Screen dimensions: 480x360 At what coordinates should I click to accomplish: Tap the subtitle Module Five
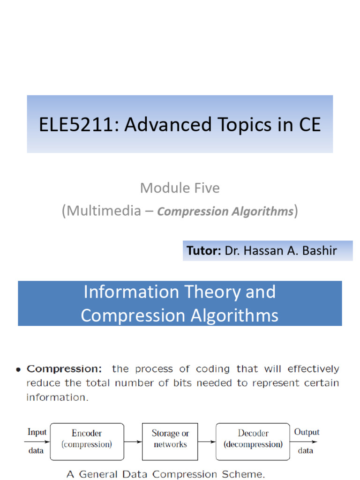(180, 188)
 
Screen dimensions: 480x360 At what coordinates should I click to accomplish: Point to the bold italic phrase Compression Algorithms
(225, 211)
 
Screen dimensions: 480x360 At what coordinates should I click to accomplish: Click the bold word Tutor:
(204, 251)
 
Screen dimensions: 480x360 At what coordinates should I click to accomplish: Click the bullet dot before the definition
(18, 369)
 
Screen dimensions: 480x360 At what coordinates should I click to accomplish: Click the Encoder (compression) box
(87, 439)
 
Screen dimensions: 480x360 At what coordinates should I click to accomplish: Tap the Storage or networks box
(170, 439)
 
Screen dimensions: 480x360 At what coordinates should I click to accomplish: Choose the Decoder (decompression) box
(253, 439)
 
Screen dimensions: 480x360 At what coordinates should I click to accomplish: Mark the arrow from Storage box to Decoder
(207, 442)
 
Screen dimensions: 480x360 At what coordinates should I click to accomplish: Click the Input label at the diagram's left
(37, 432)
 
